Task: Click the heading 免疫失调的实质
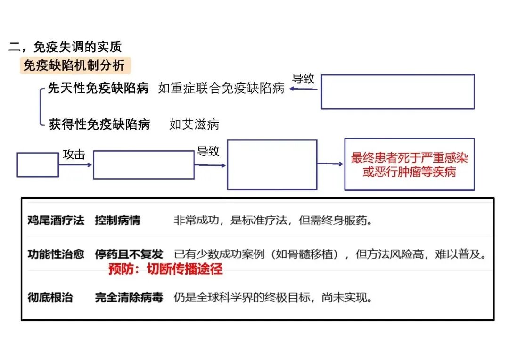(78, 47)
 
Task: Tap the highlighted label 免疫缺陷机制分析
(74, 65)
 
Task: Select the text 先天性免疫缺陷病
(98, 88)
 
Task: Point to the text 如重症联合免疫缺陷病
(222, 88)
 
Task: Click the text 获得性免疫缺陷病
(99, 124)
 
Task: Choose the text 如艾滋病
(194, 124)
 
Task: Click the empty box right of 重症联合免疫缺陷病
(397, 91)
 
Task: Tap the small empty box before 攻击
(38, 164)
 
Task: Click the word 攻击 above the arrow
(74, 155)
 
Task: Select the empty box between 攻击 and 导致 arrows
(144, 165)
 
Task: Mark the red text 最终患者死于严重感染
(409, 158)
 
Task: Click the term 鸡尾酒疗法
(56, 220)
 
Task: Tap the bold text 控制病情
(117, 220)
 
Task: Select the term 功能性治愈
(56, 254)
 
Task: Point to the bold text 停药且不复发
(129, 254)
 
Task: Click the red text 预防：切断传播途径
(165, 269)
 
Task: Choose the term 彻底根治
(50, 297)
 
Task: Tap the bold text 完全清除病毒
(129, 297)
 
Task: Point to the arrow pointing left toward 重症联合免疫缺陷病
(304, 88)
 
